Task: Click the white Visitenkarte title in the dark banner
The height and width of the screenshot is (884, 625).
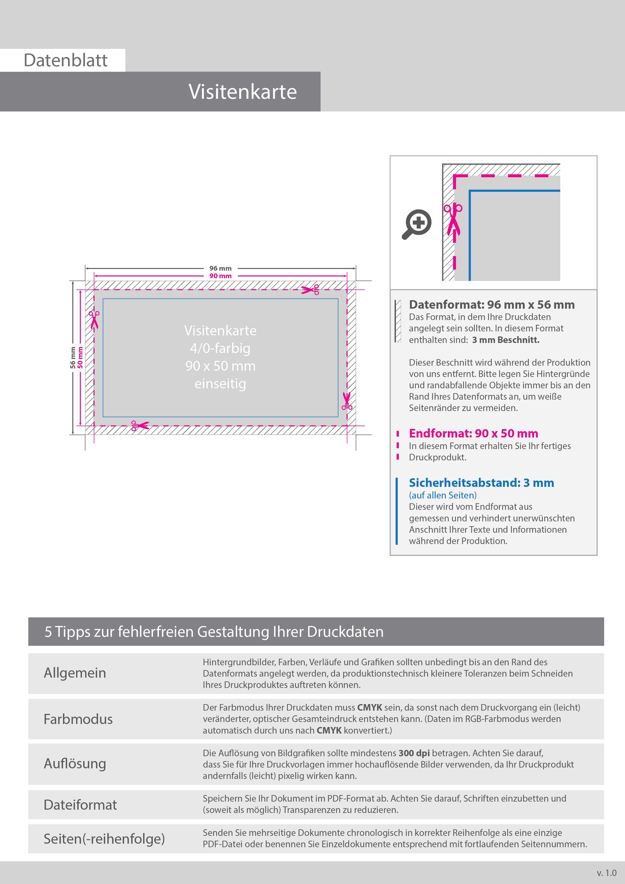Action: [x=243, y=92]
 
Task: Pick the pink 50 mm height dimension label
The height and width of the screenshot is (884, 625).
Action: [x=80, y=358]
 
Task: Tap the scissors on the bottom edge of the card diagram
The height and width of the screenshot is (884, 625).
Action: [x=140, y=425]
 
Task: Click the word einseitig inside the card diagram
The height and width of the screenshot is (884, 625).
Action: [x=220, y=384]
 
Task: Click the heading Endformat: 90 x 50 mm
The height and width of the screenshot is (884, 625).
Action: [x=473, y=433]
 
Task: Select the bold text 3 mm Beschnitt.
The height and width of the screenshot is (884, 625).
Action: [x=506, y=340]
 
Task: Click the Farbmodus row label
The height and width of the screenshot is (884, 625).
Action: [x=78, y=719]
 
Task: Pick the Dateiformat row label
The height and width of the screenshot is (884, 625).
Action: [x=80, y=805]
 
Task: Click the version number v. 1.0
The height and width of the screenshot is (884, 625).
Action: [x=607, y=873]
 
